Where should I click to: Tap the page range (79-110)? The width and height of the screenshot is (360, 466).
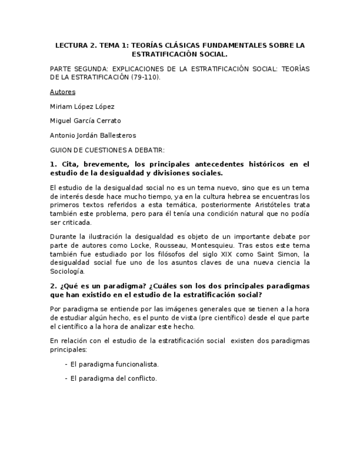[146, 77]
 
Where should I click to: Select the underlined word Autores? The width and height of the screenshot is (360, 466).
[62, 92]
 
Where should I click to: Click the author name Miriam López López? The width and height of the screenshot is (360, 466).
[82, 107]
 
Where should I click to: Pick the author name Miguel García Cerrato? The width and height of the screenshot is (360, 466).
[85, 121]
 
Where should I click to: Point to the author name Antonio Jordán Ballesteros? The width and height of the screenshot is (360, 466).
[92, 135]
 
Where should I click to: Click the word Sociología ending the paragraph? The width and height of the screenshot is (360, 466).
[67, 271]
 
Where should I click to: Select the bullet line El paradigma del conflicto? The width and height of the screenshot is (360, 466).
[113, 378]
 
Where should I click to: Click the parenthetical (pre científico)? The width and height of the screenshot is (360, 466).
[211, 318]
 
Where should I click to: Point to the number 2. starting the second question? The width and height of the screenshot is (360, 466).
[53, 286]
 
